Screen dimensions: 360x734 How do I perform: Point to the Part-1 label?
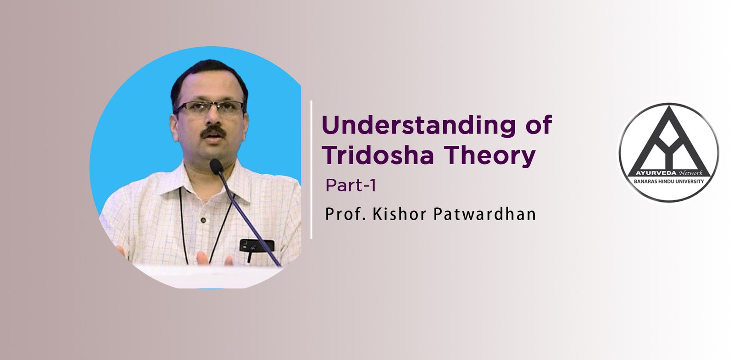click(351, 185)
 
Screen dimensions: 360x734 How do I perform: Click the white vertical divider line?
click(311, 170)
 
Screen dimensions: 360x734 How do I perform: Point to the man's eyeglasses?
click(210, 109)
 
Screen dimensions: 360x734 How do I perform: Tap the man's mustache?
click(213, 132)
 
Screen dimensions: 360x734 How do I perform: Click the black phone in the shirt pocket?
click(256, 245)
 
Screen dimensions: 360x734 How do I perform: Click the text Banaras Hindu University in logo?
click(668, 182)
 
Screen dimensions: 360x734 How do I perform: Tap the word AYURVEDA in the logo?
click(656, 173)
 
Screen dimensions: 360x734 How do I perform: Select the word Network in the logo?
click(691, 173)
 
